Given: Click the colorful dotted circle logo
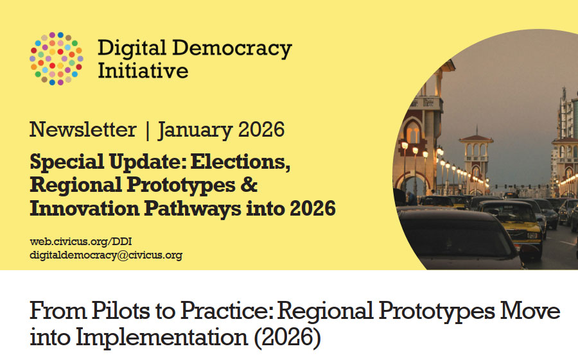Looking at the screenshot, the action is tap(57, 58).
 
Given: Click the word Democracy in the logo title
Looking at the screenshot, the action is tap(232, 49).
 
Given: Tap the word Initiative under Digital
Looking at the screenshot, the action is tap(143, 71).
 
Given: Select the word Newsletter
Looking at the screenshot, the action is tap(83, 130).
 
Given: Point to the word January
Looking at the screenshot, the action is tap(195, 130).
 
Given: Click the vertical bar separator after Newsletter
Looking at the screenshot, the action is tap(148, 130).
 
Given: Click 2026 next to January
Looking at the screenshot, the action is tap(261, 130).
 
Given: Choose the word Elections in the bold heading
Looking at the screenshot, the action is tap(240, 162).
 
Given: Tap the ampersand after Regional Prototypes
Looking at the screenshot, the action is tap(249, 184).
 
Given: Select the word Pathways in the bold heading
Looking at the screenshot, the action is tap(193, 208).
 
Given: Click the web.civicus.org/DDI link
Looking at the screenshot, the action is tap(81, 242).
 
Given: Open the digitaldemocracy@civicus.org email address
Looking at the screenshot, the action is tap(106, 255).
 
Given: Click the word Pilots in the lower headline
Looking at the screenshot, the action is tap(121, 311).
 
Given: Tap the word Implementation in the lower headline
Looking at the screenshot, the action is tap(162, 337).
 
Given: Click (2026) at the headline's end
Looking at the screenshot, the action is tap(287, 337).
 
